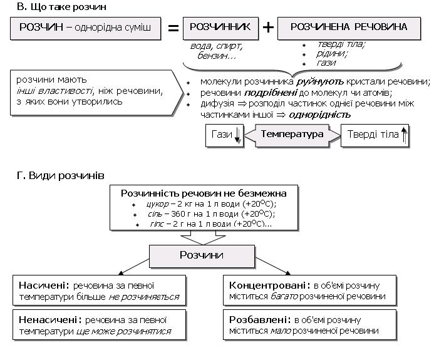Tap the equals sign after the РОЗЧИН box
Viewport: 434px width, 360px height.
173,29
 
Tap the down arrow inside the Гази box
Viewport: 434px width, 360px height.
237,135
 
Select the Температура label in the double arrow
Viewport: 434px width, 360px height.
292,135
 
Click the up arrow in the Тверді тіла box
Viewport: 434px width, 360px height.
404,135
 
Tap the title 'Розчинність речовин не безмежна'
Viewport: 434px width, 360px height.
203,193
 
